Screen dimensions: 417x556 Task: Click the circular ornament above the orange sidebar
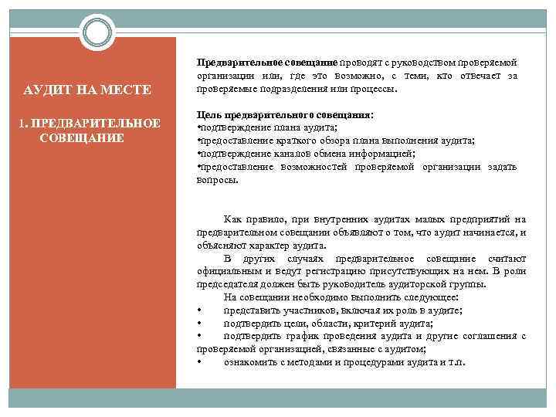click(98, 32)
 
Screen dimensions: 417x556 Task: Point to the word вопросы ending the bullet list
click(218, 179)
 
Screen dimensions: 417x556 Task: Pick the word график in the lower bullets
click(293, 337)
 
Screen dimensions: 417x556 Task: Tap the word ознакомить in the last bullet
click(251, 363)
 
